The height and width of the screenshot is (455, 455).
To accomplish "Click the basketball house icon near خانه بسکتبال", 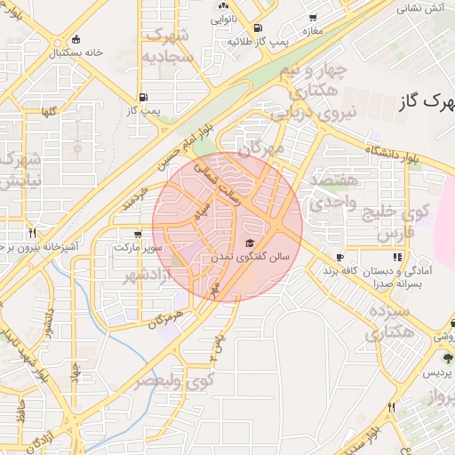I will [x=76, y=38].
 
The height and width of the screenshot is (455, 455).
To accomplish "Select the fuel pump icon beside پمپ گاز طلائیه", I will [x=258, y=28].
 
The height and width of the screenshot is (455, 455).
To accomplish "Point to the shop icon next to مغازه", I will [x=312, y=18].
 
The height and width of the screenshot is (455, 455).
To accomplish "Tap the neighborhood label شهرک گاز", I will [x=428, y=102].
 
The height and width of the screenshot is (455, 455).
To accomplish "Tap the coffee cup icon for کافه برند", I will [x=339, y=257].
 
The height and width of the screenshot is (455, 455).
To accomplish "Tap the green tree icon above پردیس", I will [x=447, y=356].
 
